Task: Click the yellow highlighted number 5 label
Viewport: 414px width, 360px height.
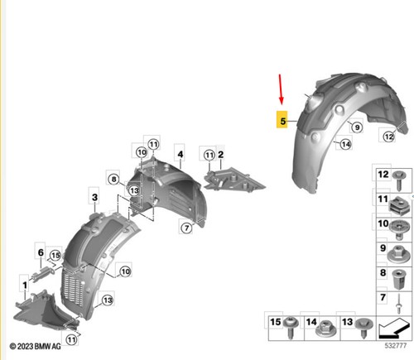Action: point(282,120)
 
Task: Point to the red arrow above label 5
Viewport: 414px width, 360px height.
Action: point(281,89)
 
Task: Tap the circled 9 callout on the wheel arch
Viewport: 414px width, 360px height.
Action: point(357,127)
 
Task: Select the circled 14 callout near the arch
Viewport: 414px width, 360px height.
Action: point(345,144)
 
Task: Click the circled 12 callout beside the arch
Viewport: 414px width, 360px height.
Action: point(388,137)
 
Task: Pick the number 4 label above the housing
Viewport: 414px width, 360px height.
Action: point(181,154)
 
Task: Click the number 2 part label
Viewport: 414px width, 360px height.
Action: point(220,155)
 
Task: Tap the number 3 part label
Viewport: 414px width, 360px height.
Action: point(94,197)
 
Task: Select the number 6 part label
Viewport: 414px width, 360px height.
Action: point(41,252)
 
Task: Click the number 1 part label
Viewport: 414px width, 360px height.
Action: point(25,285)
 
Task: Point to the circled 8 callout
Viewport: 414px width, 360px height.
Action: point(113,179)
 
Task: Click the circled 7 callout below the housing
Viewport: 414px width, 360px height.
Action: point(187,228)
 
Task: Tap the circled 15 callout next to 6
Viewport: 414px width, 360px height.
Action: point(55,255)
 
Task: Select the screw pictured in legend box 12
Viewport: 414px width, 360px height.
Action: point(399,180)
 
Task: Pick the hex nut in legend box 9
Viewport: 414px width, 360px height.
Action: point(399,254)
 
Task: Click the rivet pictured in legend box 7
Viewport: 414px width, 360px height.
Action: point(398,304)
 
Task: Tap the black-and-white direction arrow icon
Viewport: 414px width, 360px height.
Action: point(393,328)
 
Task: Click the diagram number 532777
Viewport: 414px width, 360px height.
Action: point(396,346)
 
